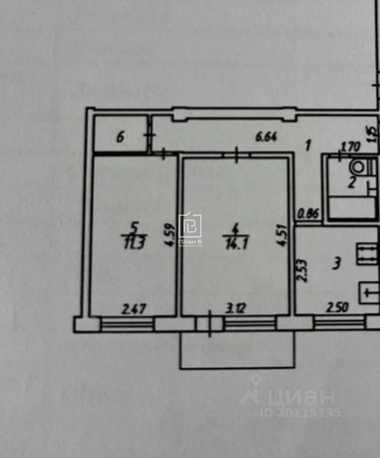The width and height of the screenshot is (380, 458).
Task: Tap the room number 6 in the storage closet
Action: pyautogui.click(x=120, y=138)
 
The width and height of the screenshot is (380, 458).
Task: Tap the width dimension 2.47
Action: pyautogui.click(x=134, y=309)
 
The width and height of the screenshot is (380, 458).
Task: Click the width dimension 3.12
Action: pyautogui.click(x=236, y=309)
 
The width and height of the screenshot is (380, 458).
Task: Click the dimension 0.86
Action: pyautogui.click(x=308, y=214)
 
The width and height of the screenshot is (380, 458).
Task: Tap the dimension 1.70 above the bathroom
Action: pyautogui.click(x=352, y=148)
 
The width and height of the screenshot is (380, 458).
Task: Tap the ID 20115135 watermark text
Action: pyautogui.click(x=300, y=412)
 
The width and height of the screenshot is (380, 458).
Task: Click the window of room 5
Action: pyautogui.click(x=127, y=324)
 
